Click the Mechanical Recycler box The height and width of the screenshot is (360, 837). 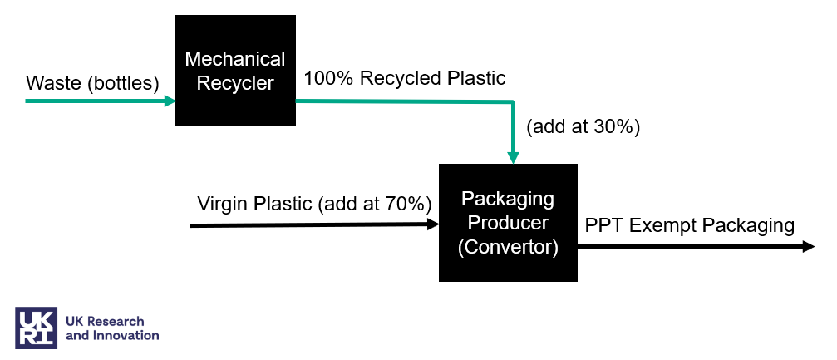click(235, 71)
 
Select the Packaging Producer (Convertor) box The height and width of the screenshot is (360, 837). click(508, 223)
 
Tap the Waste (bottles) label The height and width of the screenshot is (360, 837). click(92, 83)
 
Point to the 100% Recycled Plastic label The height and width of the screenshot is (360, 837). click(405, 79)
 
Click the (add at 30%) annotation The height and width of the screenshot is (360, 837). click(583, 126)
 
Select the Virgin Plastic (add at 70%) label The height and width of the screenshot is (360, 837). click(315, 204)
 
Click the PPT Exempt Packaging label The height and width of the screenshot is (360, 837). click(689, 225)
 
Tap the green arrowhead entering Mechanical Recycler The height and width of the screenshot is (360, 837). click(170, 101)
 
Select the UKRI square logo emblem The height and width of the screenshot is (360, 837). click(37, 328)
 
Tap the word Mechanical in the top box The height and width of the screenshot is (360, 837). click(235, 59)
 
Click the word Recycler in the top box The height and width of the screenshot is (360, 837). click(235, 83)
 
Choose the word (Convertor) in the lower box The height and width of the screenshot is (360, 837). click(508, 247)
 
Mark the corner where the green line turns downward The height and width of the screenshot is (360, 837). click(514, 101)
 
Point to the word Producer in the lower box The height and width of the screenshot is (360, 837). click(508, 223)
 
